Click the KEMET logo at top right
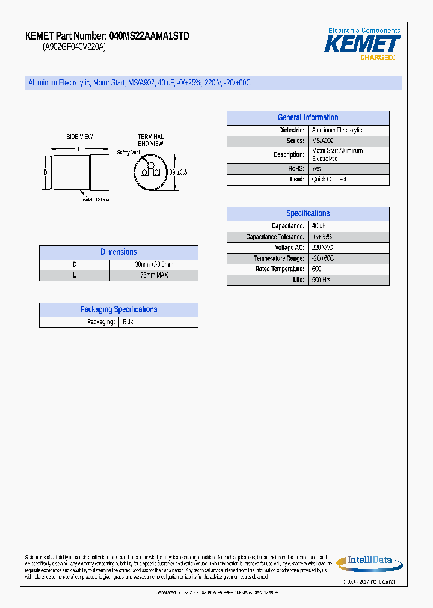click(x=362, y=44)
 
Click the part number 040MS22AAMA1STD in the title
click(x=149, y=36)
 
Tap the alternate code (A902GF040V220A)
click(x=74, y=47)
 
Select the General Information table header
click(x=307, y=118)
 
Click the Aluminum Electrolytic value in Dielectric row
click(x=337, y=130)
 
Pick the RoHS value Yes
click(x=316, y=169)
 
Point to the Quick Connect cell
click(x=329, y=180)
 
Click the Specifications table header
click(x=307, y=213)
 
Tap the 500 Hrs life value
click(x=321, y=280)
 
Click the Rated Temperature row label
click(x=279, y=269)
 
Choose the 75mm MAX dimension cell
click(x=153, y=275)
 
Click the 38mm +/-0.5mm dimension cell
click(x=153, y=264)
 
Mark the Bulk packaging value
click(x=127, y=322)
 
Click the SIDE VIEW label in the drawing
click(x=79, y=137)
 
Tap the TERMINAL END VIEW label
click(x=150, y=140)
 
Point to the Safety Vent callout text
click(x=128, y=153)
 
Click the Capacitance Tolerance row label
click(x=274, y=237)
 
